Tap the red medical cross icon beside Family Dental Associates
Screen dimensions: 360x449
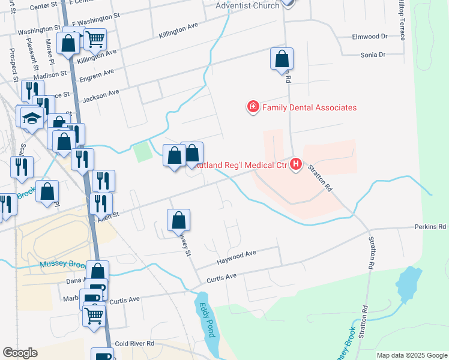253,107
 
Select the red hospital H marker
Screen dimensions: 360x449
296,164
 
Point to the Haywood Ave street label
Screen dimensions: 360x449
237,255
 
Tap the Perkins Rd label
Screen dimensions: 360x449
430,227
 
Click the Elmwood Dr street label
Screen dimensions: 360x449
370,37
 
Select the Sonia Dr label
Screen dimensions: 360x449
373,55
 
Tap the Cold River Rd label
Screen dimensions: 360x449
134,343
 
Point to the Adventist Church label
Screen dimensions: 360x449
248,5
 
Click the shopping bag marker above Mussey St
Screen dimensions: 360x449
178,220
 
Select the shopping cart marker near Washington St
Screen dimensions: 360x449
95,40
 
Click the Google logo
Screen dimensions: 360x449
20,353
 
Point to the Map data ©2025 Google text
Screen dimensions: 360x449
412,355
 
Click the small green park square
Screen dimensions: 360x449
143,151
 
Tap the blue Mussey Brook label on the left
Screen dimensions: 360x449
60,265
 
